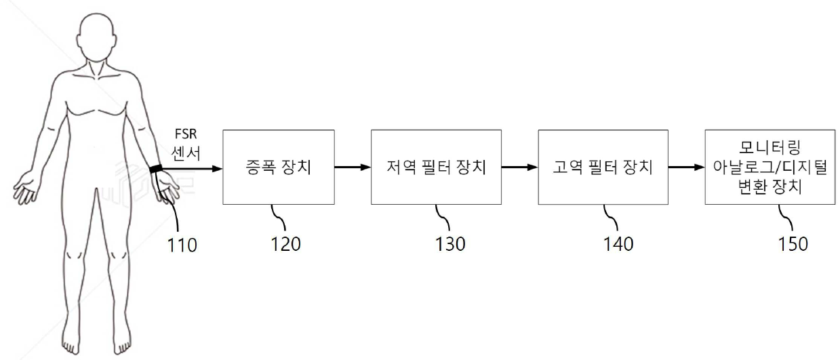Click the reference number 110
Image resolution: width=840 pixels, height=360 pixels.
tap(182, 245)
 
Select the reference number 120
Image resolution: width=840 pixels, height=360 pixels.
tap(285, 245)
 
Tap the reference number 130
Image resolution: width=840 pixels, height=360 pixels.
tap(450, 245)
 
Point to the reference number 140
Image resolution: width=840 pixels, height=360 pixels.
tap(618, 245)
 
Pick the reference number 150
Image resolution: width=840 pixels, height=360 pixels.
tap(793, 245)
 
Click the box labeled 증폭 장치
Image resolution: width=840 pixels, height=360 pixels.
tap(279, 167)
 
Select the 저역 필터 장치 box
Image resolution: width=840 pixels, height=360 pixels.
tap(436, 167)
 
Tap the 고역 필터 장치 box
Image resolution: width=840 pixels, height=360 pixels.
tap(603, 167)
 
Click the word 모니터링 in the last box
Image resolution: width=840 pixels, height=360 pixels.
tap(770, 147)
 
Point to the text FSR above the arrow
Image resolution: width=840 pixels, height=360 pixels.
tap(186, 134)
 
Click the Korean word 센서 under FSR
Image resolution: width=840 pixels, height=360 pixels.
tap(186, 153)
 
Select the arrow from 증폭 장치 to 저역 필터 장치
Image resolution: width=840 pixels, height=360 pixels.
tap(353, 167)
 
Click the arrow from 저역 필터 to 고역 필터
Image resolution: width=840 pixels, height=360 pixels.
tap(520, 167)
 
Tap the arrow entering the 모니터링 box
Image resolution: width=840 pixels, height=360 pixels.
tap(687, 167)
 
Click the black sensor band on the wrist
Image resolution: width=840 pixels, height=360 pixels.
tap(156, 169)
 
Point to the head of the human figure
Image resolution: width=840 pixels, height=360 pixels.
tap(97, 36)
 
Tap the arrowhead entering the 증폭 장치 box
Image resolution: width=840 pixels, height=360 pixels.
tap(218, 169)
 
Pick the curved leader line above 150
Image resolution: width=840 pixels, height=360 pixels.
tap(786, 217)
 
